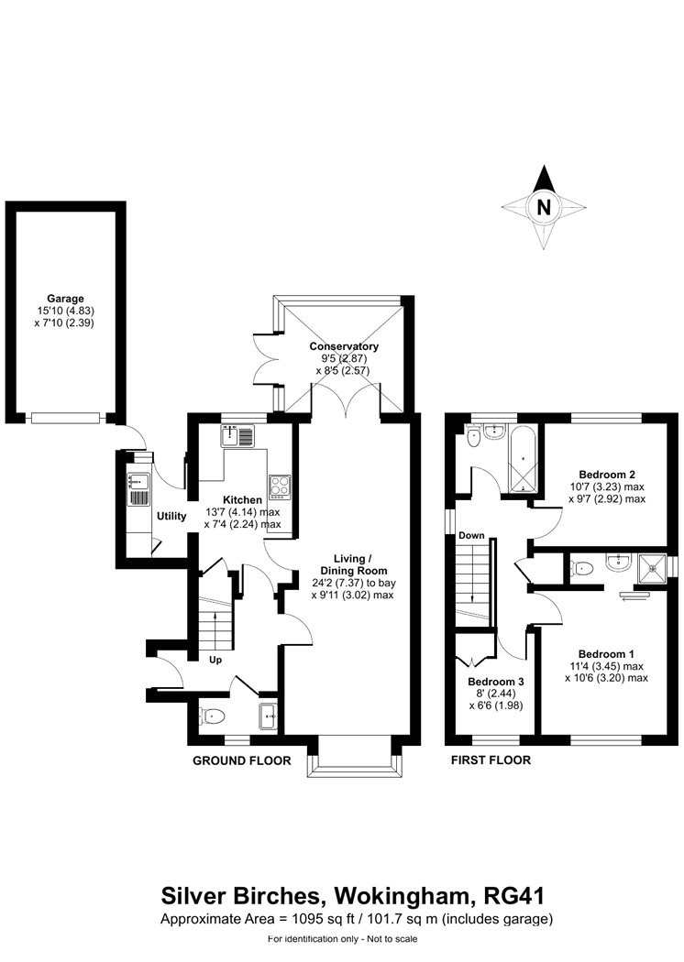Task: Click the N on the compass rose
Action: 544,207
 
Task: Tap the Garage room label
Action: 65,299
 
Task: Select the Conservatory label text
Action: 344,346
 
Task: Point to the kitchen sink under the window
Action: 237,436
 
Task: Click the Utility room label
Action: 171,516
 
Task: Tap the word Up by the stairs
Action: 215,661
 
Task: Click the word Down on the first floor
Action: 471,536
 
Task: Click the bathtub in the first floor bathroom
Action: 523,458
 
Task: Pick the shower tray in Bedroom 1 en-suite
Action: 653,567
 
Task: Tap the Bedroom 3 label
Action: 495,682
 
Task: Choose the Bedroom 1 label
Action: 606,654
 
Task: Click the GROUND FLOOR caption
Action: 242,760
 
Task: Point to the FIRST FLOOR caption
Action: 491,760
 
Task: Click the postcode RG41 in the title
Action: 514,896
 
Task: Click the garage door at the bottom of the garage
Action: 65,418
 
